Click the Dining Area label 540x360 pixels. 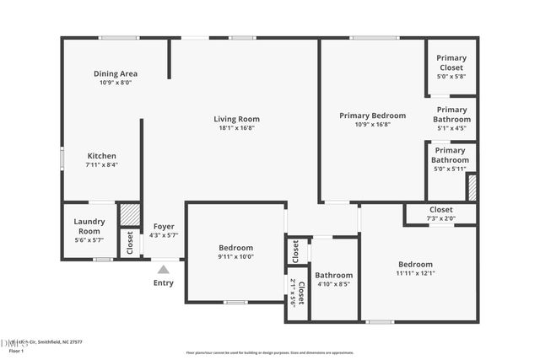pos(116,73)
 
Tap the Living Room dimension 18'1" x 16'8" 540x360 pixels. pos(236,128)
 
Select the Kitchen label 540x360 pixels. pos(102,156)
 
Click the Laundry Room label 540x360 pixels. pos(91,226)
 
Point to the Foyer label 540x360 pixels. pos(163,226)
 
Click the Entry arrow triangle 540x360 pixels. pos(163,269)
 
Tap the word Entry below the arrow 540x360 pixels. pos(163,283)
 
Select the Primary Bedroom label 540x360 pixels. pos(372,116)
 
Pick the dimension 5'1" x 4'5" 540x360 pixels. pos(451,129)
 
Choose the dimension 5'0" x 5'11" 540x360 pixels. pos(450,169)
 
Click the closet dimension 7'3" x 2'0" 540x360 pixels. pos(440,218)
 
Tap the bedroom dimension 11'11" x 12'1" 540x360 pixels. pos(415,273)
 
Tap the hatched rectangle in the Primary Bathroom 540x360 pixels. pos(472,187)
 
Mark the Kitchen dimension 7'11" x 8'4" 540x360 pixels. pos(102,165)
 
